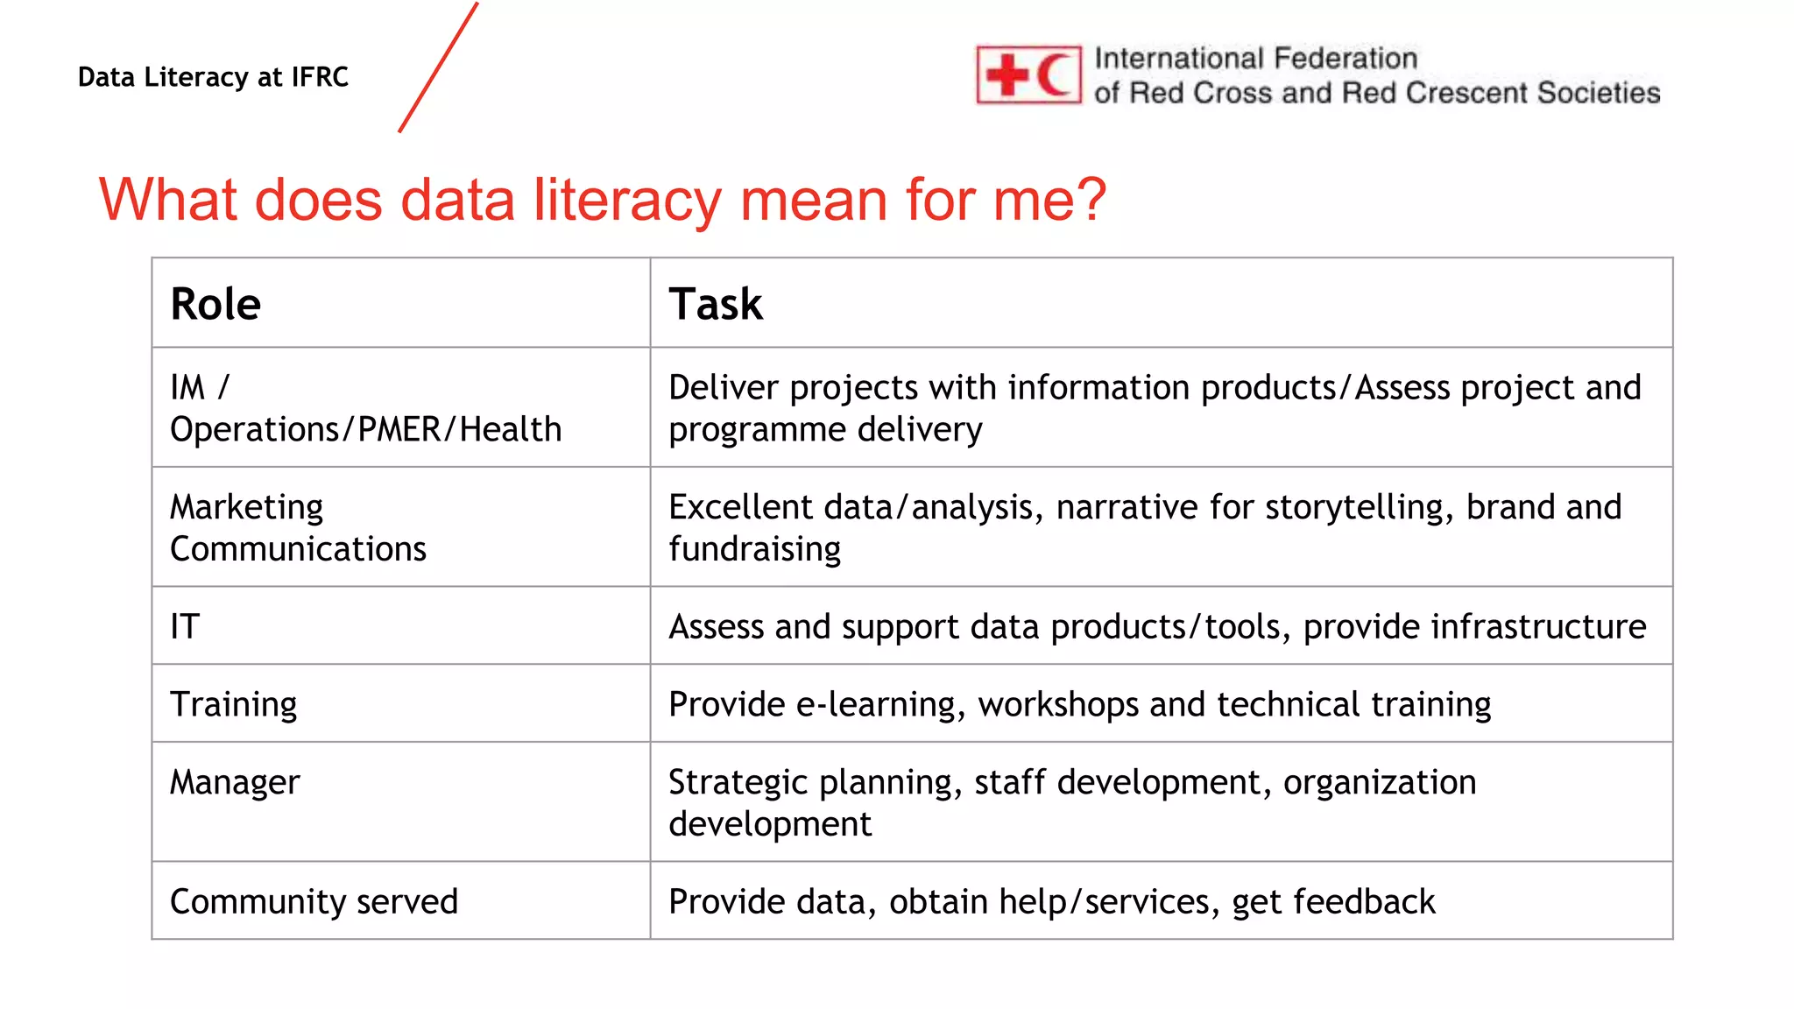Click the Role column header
(215, 304)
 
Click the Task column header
(716, 304)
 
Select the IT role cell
(185, 626)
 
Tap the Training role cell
(234, 704)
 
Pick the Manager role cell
(235, 782)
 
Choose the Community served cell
(314, 901)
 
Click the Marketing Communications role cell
(298, 527)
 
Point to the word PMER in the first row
(399, 429)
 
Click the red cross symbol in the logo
(1008, 75)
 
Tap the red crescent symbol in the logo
(1055, 75)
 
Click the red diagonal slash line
(438, 67)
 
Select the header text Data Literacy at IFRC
(213, 77)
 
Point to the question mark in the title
(1091, 200)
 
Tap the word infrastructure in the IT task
(1474, 626)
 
